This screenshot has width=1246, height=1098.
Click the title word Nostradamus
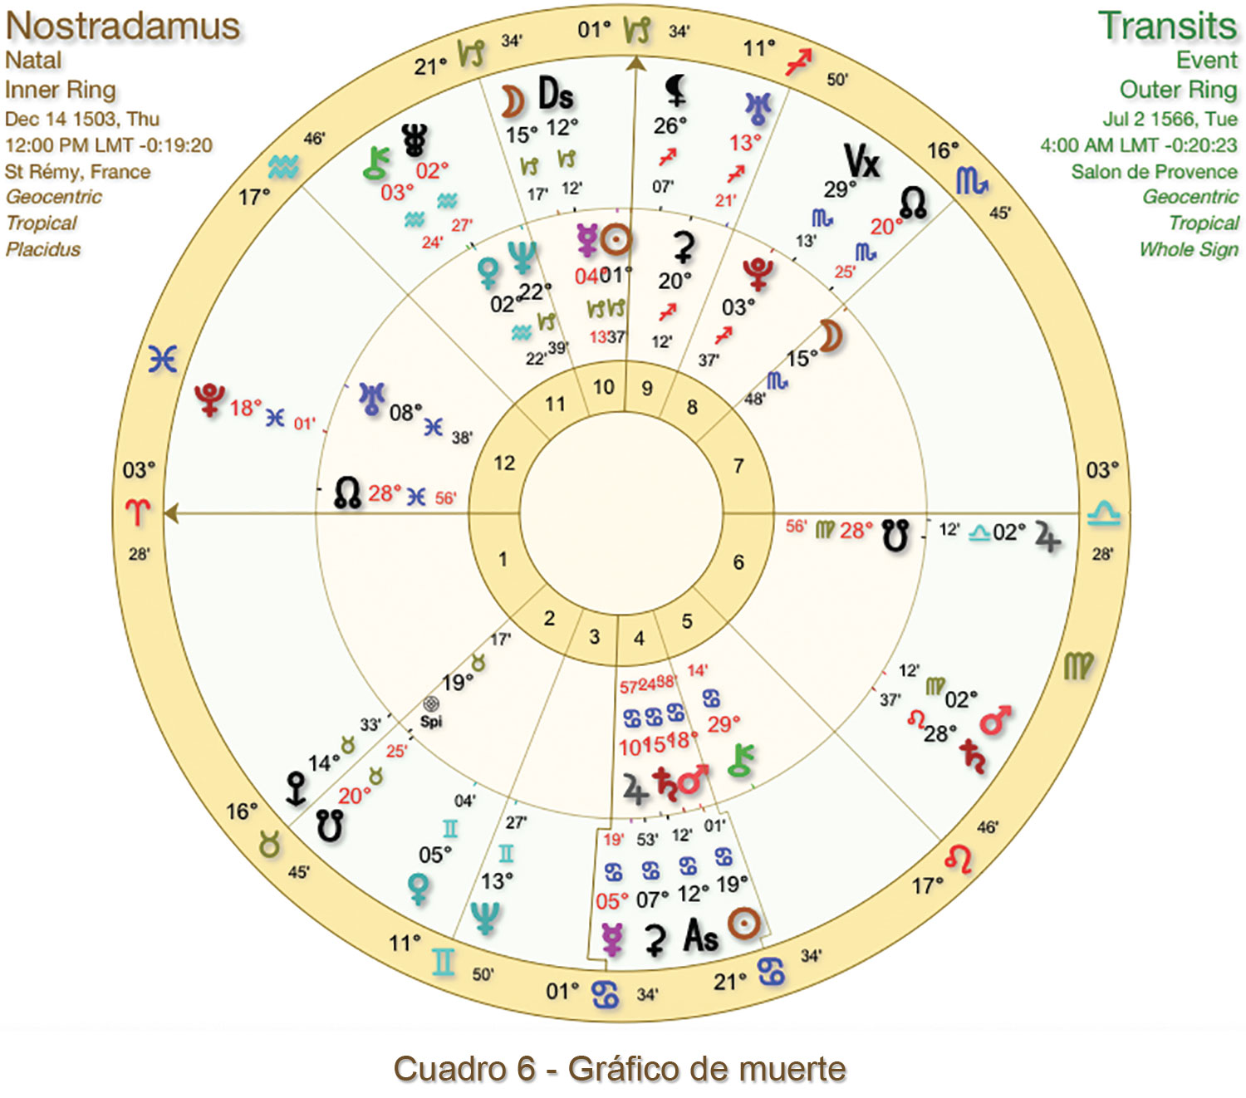[123, 26]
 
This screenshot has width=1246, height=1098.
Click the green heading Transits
[1167, 26]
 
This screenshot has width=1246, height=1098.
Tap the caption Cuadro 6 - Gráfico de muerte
[620, 1069]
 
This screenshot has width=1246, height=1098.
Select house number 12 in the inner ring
[504, 463]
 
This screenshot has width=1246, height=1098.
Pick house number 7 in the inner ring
[738, 466]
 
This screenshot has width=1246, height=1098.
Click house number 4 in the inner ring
[639, 638]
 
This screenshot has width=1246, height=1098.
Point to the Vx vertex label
[861, 161]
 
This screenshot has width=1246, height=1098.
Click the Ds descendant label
[556, 94]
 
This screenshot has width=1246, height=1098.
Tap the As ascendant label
[700, 937]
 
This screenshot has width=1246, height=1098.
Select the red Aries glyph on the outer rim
[138, 512]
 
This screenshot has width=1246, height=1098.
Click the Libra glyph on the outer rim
[1103, 513]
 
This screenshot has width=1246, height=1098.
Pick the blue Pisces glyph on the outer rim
[163, 359]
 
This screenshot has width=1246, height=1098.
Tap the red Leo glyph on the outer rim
[959, 859]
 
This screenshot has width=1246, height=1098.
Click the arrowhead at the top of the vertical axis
[636, 63]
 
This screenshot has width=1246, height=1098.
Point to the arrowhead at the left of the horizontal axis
[170, 514]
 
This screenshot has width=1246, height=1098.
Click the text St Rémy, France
[77, 172]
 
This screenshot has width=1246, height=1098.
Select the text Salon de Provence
[1154, 172]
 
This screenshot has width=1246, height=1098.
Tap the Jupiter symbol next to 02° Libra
[1047, 538]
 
